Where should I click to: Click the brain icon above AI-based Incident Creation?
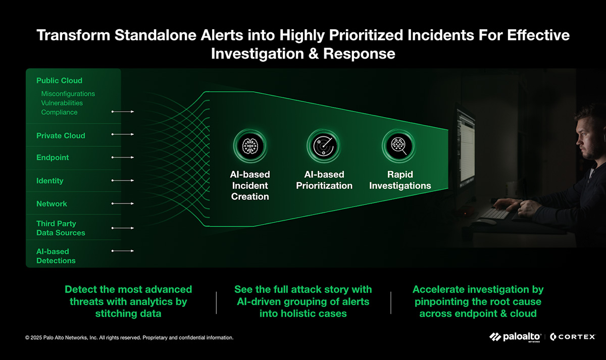tap(250, 146)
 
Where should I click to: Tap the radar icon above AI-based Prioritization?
tap(324, 146)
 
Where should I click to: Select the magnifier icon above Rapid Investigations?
tap(399, 146)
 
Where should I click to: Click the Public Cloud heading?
tap(59, 81)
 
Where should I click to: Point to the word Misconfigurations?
tap(68, 94)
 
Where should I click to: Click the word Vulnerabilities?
tap(62, 103)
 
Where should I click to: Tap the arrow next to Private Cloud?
tap(123, 134)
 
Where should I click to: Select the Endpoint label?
tap(53, 158)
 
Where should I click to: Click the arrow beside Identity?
tap(123, 180)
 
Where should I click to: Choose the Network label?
tap(52, 203)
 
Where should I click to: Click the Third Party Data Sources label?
tap(61, 228)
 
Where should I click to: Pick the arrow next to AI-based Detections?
tap(123, 251)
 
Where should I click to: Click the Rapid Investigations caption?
tap(400, 180)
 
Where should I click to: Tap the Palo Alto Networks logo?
tap(515, 337)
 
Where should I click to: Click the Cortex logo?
tap(573, 337)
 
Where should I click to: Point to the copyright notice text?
tap(129, 338)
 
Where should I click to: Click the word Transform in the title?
tap(73, 35)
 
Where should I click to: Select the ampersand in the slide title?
tap(314, 54)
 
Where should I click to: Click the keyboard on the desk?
tap(495, 214)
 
